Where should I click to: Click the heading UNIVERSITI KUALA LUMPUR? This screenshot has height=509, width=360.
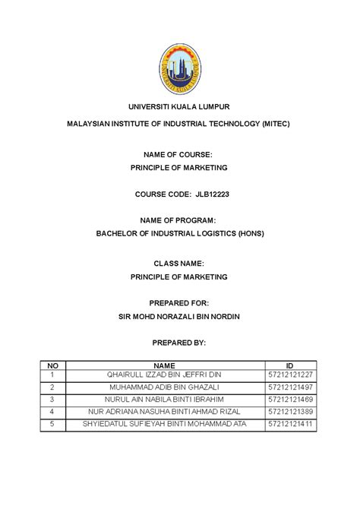click(x=180, y=106)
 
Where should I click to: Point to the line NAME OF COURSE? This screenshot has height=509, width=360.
click(x=179, y=154)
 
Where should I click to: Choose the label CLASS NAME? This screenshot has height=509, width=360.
click(x=179, y=262)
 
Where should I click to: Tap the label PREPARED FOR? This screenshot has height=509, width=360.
click(x=179, y=302)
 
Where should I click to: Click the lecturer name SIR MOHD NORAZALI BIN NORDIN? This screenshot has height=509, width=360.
click(x=179, y=316)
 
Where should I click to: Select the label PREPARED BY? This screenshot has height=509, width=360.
click(x=179, y=343)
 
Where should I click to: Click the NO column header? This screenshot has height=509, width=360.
click(x=52, y=365)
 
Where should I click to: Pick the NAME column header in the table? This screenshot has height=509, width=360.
click(x=163, y=365)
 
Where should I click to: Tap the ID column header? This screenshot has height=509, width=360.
click(x=289, y=365)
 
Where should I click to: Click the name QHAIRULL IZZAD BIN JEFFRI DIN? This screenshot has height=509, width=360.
click(x=163, y=375)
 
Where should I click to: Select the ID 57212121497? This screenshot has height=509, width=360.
click(x=290, y=387)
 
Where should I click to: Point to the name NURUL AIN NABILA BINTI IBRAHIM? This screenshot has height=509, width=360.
click(x=163, y=399)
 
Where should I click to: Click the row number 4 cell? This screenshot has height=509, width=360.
click(x=52, y=411)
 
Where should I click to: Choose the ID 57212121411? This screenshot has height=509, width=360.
click(x=290, y=423)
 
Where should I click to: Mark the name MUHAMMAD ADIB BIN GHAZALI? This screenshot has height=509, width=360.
click(x=163, y=387)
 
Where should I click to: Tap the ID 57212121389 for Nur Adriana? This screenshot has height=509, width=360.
click(x=290, y=411)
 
